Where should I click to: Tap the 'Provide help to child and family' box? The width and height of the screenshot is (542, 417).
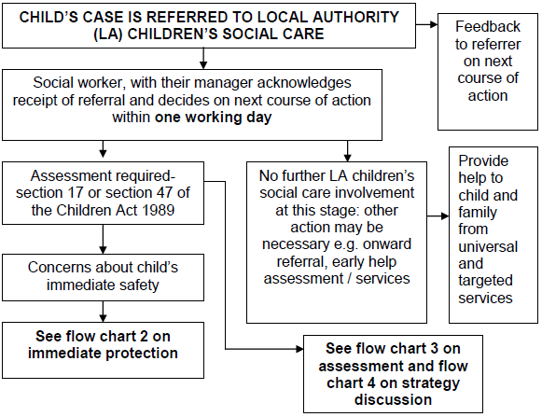(493, 229)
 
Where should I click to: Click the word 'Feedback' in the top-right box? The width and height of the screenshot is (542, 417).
(493, 28)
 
